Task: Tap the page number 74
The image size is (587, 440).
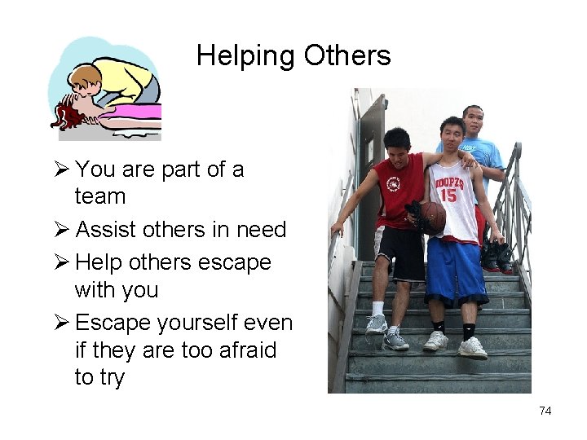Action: tap(545, 411)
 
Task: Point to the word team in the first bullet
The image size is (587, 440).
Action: tap(100, 197)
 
